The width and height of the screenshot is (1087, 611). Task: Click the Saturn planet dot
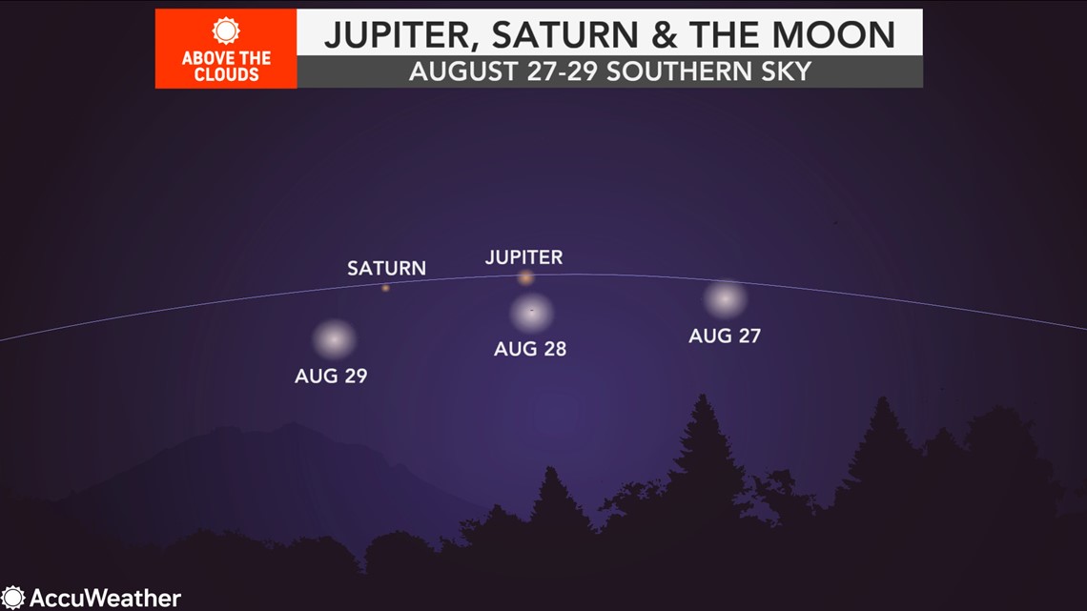click(x=385, y=288)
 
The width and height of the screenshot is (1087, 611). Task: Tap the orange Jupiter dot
click(x=526, y=277)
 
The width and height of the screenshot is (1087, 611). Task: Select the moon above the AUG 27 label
click(x=725, y=299)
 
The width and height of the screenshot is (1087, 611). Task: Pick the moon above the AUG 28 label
click(x=532, y=313)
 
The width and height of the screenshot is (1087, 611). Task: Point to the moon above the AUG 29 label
click(x=334, y=339)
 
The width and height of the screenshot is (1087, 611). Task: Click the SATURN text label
click(x=386, y=268)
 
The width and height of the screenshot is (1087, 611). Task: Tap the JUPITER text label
click(x=524, y=257)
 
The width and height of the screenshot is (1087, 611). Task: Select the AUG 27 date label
click(x=725, y=336)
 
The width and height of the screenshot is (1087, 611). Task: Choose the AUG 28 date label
click(x=530, y=349)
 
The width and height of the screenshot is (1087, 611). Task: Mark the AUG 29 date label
click(x=331, y=376)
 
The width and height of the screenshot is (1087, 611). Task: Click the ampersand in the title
click(x=665, y=34)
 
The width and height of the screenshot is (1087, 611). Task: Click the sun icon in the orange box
click(x=226, y=31)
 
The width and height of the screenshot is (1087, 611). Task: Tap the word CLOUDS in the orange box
click(x=226, y=74)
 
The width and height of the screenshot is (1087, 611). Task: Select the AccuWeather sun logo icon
click(x=12, y=598)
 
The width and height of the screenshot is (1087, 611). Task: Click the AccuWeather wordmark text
click(x=106, y=598)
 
